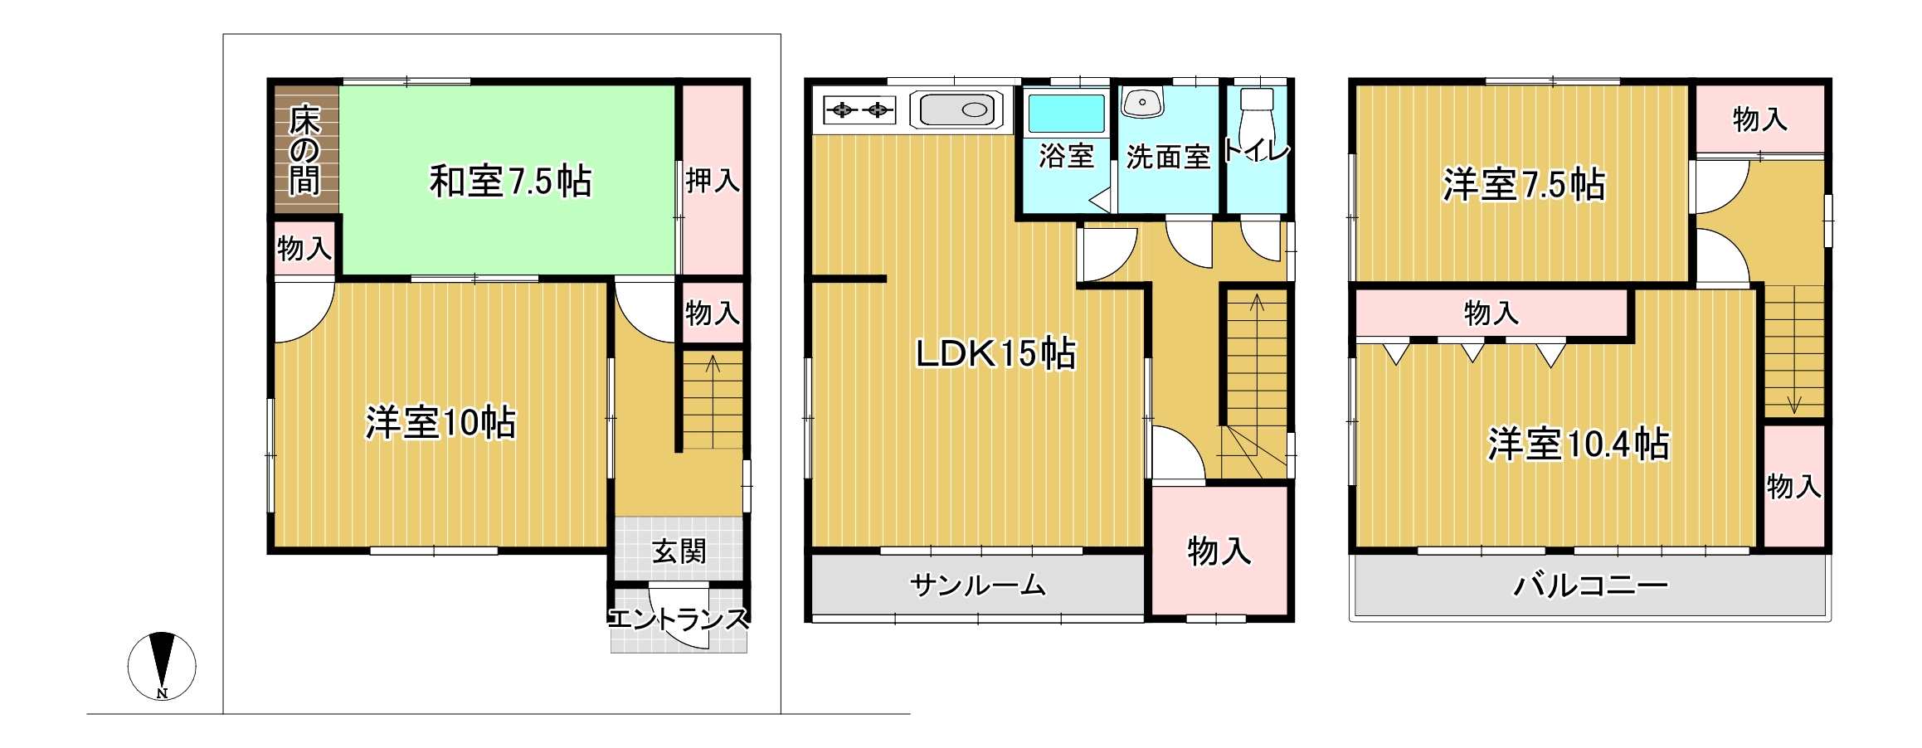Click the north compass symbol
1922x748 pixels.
coord(162,666)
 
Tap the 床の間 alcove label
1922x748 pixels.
coord(304,150)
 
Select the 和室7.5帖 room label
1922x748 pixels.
coord(510,181)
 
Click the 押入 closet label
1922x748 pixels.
coord(713,180)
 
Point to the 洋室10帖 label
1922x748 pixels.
coord(440,422)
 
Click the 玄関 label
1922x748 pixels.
coord(679,551)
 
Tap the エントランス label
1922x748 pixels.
coord(679,619)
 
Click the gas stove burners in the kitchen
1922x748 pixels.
coord(859,109)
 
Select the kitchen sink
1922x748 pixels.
coord(956,109)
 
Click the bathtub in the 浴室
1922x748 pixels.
coord(1067,114)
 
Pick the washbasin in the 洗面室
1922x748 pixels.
coord(1142,102)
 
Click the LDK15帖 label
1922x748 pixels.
coord(995,353)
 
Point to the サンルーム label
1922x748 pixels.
coord(978,585)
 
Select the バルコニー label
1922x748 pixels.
coord(1590,585)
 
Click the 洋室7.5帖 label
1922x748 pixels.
coord(1525,184)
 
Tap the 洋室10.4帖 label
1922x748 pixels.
coord(1578,444)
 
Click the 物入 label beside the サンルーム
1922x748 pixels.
coord(1219,551)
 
